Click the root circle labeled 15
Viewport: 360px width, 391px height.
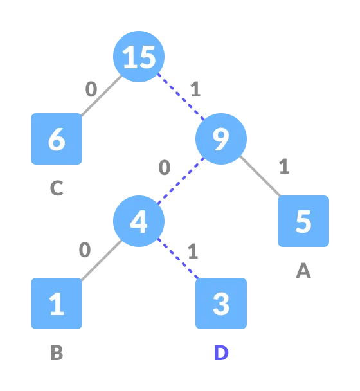click(x=139, y=57)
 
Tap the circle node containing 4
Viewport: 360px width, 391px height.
click(x=139, y=221)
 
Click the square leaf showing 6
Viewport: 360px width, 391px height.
click(x=57, y=139)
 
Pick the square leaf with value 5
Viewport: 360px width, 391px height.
click(x=303, y=221)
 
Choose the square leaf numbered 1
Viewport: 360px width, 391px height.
click(x=57, y=304)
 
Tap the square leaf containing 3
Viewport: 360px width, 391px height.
click(x=221, y=304)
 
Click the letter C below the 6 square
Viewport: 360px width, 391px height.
click(x=57, y=189)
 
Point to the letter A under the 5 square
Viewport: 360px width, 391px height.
click(x=303, y=271)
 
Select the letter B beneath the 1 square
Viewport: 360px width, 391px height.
click(x=57, y=354)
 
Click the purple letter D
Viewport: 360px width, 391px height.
click(x=221, y=354)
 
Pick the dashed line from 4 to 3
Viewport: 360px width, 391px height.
click(x=179, y=261)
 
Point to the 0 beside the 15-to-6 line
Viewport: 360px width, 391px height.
click(x=91, y=89)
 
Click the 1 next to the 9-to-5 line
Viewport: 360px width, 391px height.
click(x=283, y=167)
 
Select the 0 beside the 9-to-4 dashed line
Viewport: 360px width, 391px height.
click(x=165, y=168)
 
